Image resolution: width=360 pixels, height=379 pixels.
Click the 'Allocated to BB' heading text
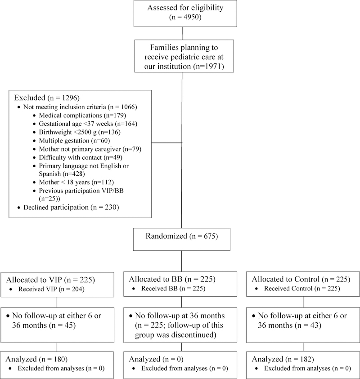pyautogui.click(x=172, y=279)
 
